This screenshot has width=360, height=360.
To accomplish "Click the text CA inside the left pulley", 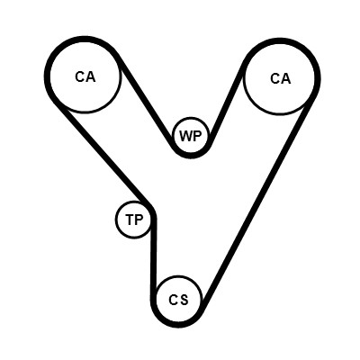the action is point(85,76).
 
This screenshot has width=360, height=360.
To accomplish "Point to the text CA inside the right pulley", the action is point(281,78).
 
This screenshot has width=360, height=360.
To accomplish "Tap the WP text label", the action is point(190,136).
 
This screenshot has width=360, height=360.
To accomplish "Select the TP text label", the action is point(134,220).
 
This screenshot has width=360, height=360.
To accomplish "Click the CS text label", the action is point(178,300).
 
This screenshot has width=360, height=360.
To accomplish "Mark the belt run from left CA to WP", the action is point(145,102).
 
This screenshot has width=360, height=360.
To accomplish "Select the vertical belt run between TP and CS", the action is point(154,255).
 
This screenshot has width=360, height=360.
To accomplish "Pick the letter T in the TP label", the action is point(130,220).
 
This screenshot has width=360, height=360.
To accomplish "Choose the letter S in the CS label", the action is point(184,300).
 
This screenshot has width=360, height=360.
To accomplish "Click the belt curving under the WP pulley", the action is point(191,156).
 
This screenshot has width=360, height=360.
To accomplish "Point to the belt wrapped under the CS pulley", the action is point(177,325).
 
